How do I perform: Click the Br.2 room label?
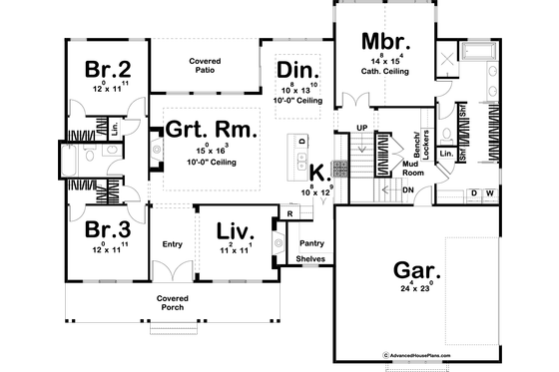pos(103,71)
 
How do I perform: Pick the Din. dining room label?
pos(298,70)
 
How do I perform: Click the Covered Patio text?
pos(206,66)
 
